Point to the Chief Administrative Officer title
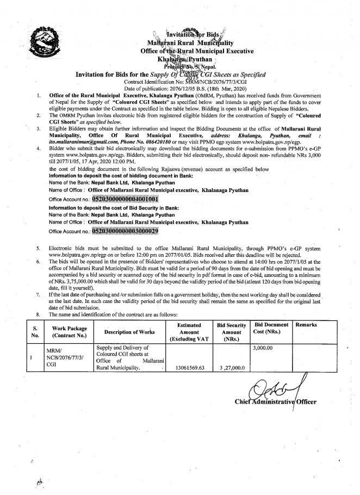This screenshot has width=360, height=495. pos(276,402)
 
